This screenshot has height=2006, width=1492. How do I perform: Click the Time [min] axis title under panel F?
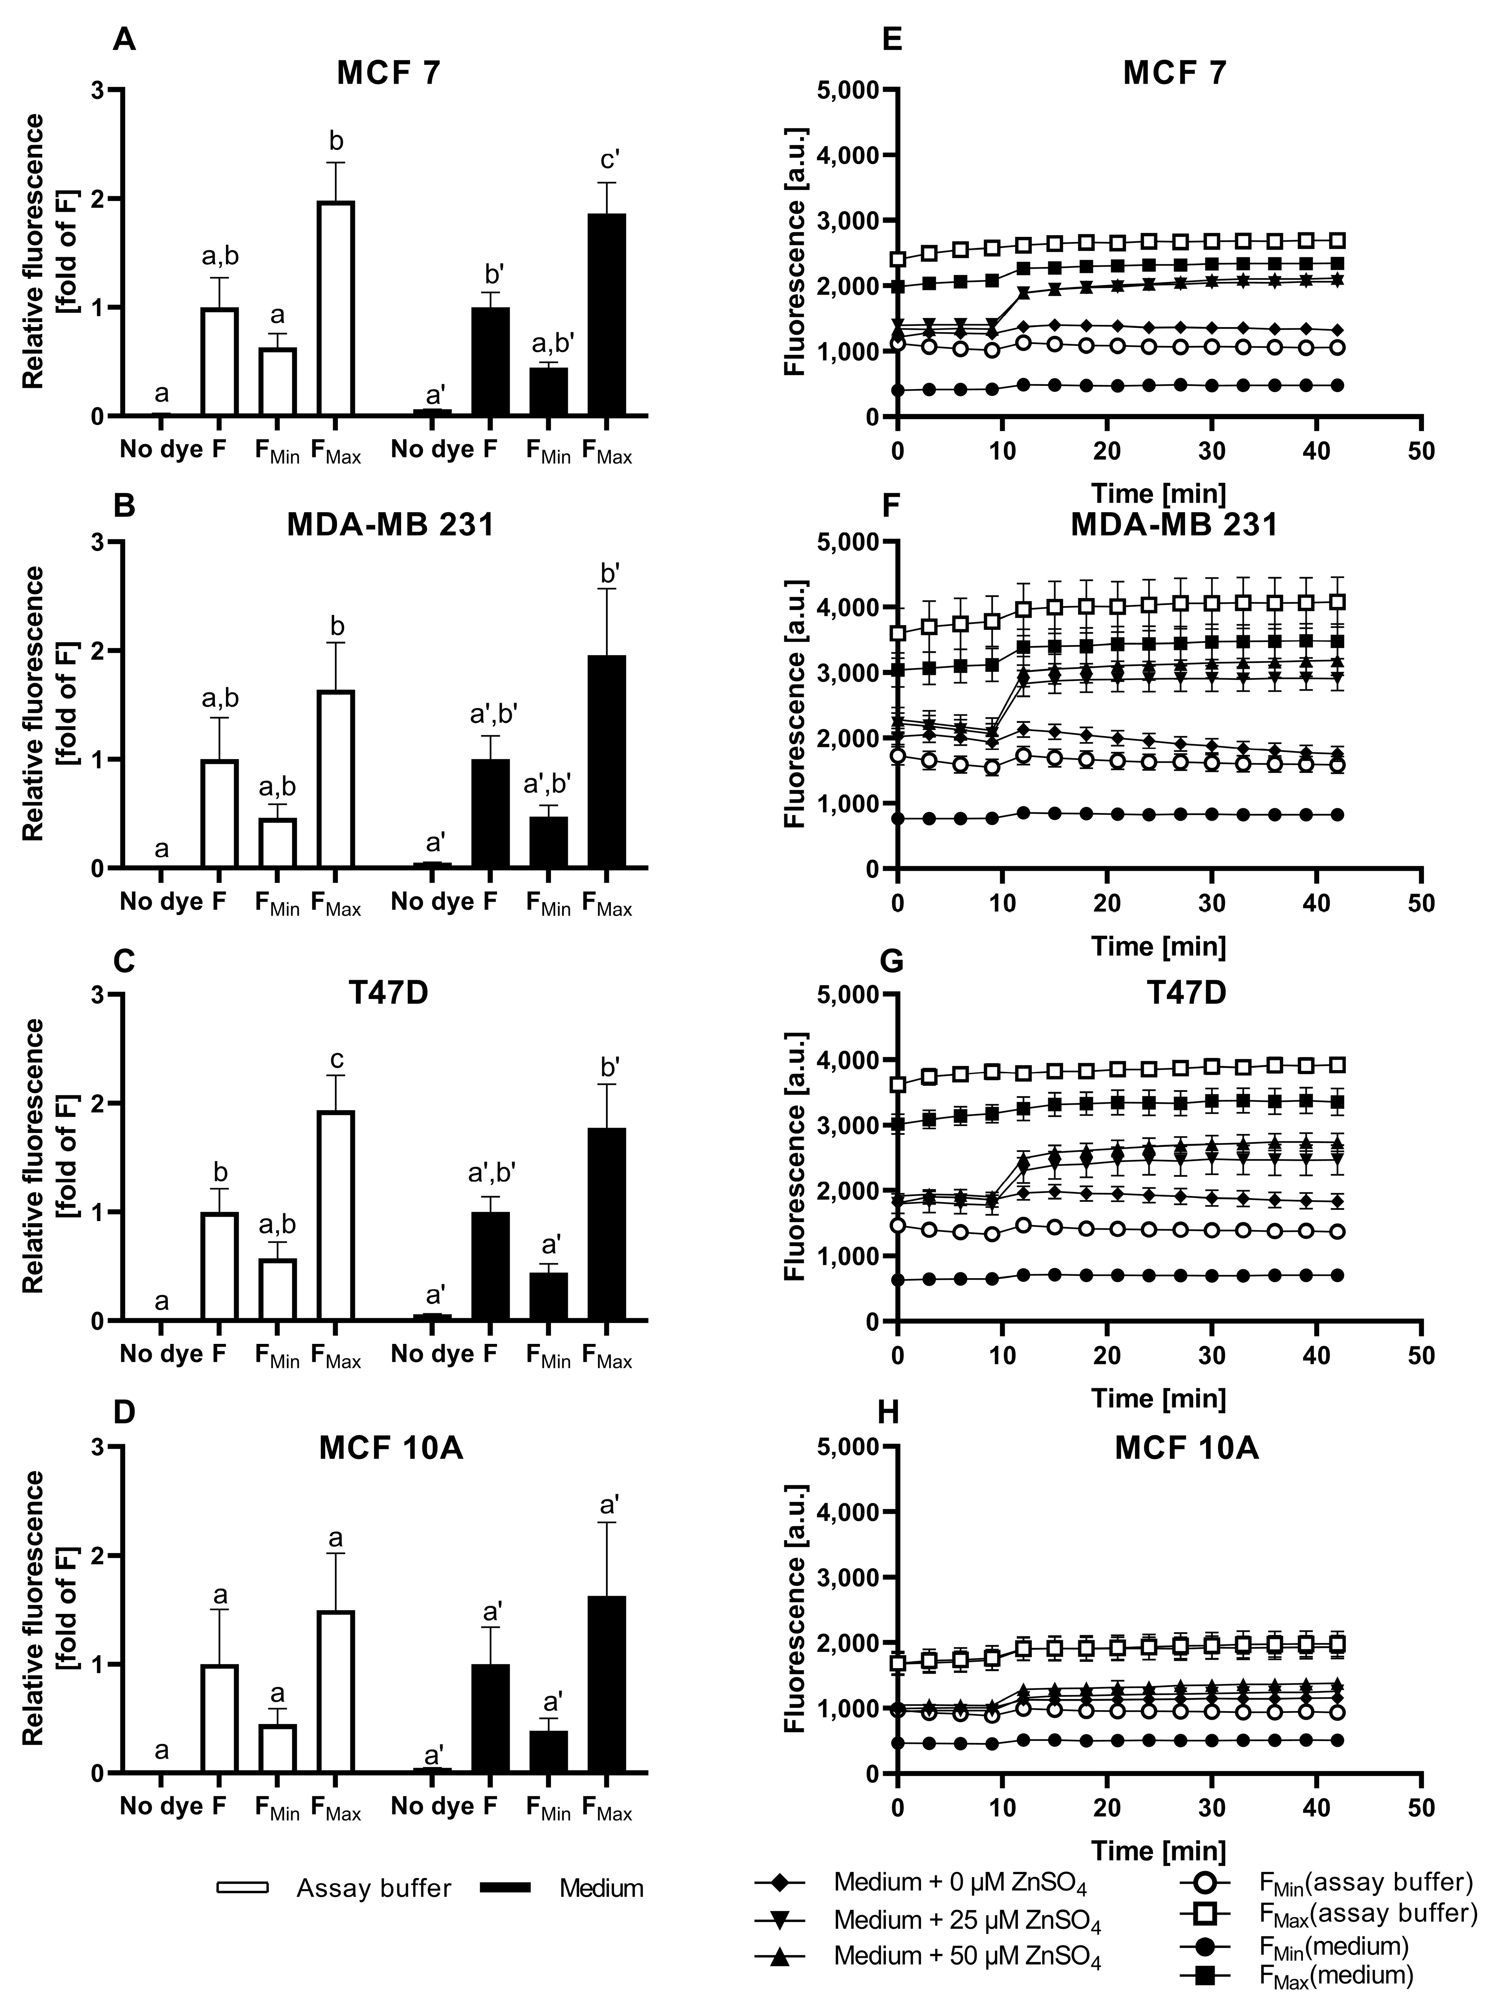point(1159,946)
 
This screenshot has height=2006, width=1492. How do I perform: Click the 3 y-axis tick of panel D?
point(97,1447)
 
